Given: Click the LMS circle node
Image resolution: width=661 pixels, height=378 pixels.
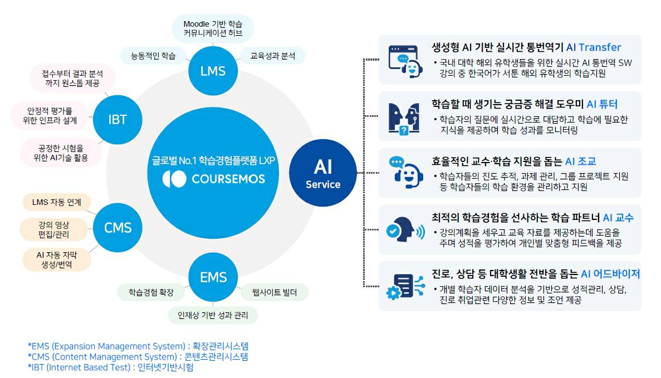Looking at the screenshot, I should pyautogui.click(x=213, y=71).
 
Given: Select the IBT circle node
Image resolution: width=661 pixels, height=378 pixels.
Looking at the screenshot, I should pyautogui.click(x=117, y=119).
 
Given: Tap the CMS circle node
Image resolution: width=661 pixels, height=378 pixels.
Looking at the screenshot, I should pyautogui.click(x=117, y=227).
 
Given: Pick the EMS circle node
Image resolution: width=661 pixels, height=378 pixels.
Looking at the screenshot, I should pyautogui.click(x=213, y=277).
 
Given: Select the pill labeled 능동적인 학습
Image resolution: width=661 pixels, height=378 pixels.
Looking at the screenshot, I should pyautogui.click(x=153, y=56).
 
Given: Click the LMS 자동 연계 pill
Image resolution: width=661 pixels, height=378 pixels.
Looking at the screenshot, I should pyautogui.click(x=56, y=203).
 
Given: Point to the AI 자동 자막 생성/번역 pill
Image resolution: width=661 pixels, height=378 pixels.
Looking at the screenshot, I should pyautogui.click(x=56, y=259).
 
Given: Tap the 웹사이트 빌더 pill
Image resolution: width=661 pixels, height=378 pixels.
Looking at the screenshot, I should pyautogui.click(x=274, y=292).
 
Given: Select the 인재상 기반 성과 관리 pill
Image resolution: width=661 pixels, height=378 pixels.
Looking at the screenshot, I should pyautogui.click(x=213, y=315).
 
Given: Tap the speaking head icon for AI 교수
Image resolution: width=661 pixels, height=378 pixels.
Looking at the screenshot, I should pyautogui.click(x=402, y=229).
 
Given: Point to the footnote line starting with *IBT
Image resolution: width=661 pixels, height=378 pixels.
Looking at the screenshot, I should pyautogui.click(x=110, y=367).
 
